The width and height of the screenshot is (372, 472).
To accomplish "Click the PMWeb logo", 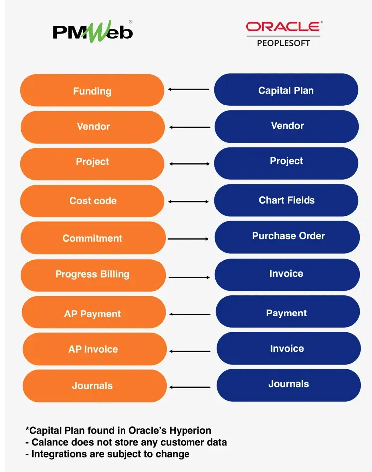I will click(x=93, y=32).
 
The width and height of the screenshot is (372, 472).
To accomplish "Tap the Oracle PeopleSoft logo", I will click(x=283, y=34).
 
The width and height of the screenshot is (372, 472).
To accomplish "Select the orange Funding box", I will click(x=92, y=91).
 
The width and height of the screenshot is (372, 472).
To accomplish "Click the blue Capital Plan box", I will click(x=286, y=90).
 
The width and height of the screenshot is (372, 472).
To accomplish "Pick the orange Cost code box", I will click(x=92, y=201).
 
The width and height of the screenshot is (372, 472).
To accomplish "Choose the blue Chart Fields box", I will click(x=286, y=200).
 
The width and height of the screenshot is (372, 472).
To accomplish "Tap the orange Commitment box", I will click(x=92, y=238).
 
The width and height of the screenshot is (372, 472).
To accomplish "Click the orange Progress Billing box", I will click(x=92, y=274).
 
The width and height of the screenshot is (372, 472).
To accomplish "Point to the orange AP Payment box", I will click(x=93, y=314).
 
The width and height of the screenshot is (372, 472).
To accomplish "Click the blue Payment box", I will click(x=287, y=313).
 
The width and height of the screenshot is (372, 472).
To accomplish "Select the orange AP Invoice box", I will click(x=93, y=349).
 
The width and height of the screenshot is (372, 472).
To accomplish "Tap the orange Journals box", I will click(x=93, y=386).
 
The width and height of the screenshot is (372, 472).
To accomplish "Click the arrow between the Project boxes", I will click(x=188, y=163).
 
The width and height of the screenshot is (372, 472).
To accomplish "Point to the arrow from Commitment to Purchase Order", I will click(x=188, y=239).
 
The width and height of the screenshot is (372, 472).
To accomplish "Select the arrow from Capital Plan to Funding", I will click(x=188, y=89).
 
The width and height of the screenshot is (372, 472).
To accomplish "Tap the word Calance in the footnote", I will click(x=48, y=442).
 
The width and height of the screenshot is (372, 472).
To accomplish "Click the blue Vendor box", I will click(x=287, y=126).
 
